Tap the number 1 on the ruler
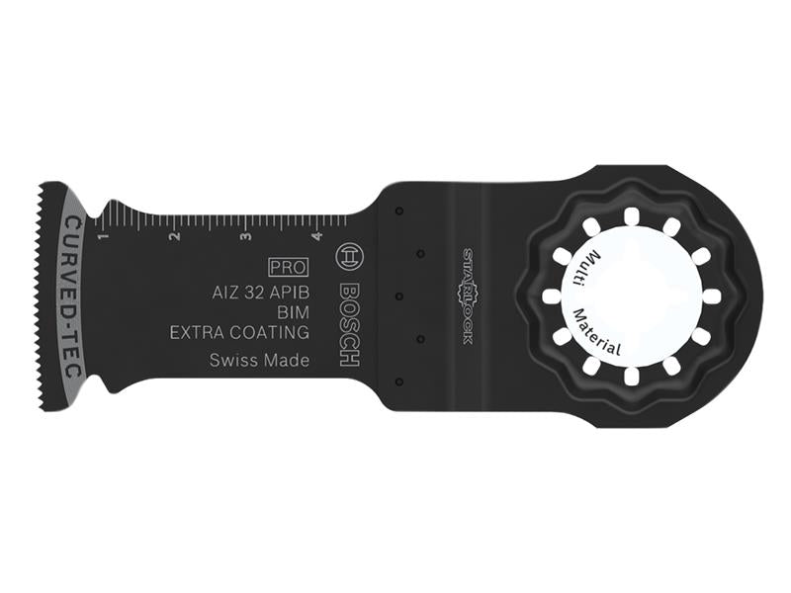[100, 236]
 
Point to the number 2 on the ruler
[173, 237]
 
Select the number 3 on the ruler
[245, 237]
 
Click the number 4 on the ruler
[315, 237]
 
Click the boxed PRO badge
[288, 267]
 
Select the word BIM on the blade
[290, 312]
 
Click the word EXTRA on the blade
[197, 333]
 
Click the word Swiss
[231, 361]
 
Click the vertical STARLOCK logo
[467, 296]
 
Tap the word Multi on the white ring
[593, 267]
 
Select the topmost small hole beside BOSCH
[396, 211]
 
